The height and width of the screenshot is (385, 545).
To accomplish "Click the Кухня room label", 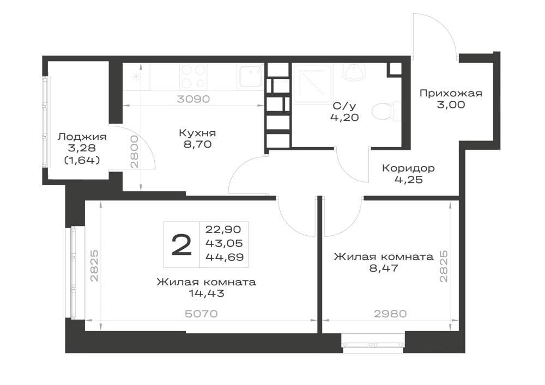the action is pos(197,133).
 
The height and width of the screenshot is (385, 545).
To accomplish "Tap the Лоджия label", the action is pos(82,137).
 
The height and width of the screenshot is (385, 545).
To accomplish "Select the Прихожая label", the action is pos(451,93).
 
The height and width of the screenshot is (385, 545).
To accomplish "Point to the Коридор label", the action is pos(408,168).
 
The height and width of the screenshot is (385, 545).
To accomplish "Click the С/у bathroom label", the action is pos(344,106).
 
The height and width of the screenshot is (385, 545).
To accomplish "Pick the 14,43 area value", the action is pos(207,294).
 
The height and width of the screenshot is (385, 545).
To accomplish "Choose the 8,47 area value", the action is pos(384,268).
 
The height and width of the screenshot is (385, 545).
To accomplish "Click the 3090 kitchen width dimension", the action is pos(193,99).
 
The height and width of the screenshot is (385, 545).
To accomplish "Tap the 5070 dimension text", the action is pos(201,314).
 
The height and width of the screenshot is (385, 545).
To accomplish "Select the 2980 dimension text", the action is pos(390,314).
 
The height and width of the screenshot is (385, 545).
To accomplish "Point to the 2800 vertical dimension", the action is pos(134,152).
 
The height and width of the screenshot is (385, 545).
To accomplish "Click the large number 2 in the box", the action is pos(182,245).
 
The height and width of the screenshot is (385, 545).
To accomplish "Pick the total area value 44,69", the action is pos(225,257).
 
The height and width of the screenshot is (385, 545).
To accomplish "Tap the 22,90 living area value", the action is pos(223,229).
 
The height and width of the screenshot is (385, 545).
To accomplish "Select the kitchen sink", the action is pos(250,76).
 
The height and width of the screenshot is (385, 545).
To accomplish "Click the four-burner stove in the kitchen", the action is pos(193,76).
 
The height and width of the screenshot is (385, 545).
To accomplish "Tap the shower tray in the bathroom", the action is pos(313,83).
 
